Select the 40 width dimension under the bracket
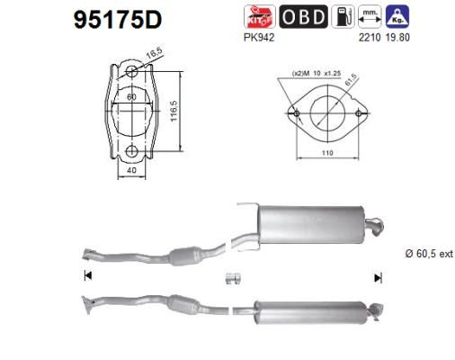click(131, 169)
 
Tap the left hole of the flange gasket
click(296, 113)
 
